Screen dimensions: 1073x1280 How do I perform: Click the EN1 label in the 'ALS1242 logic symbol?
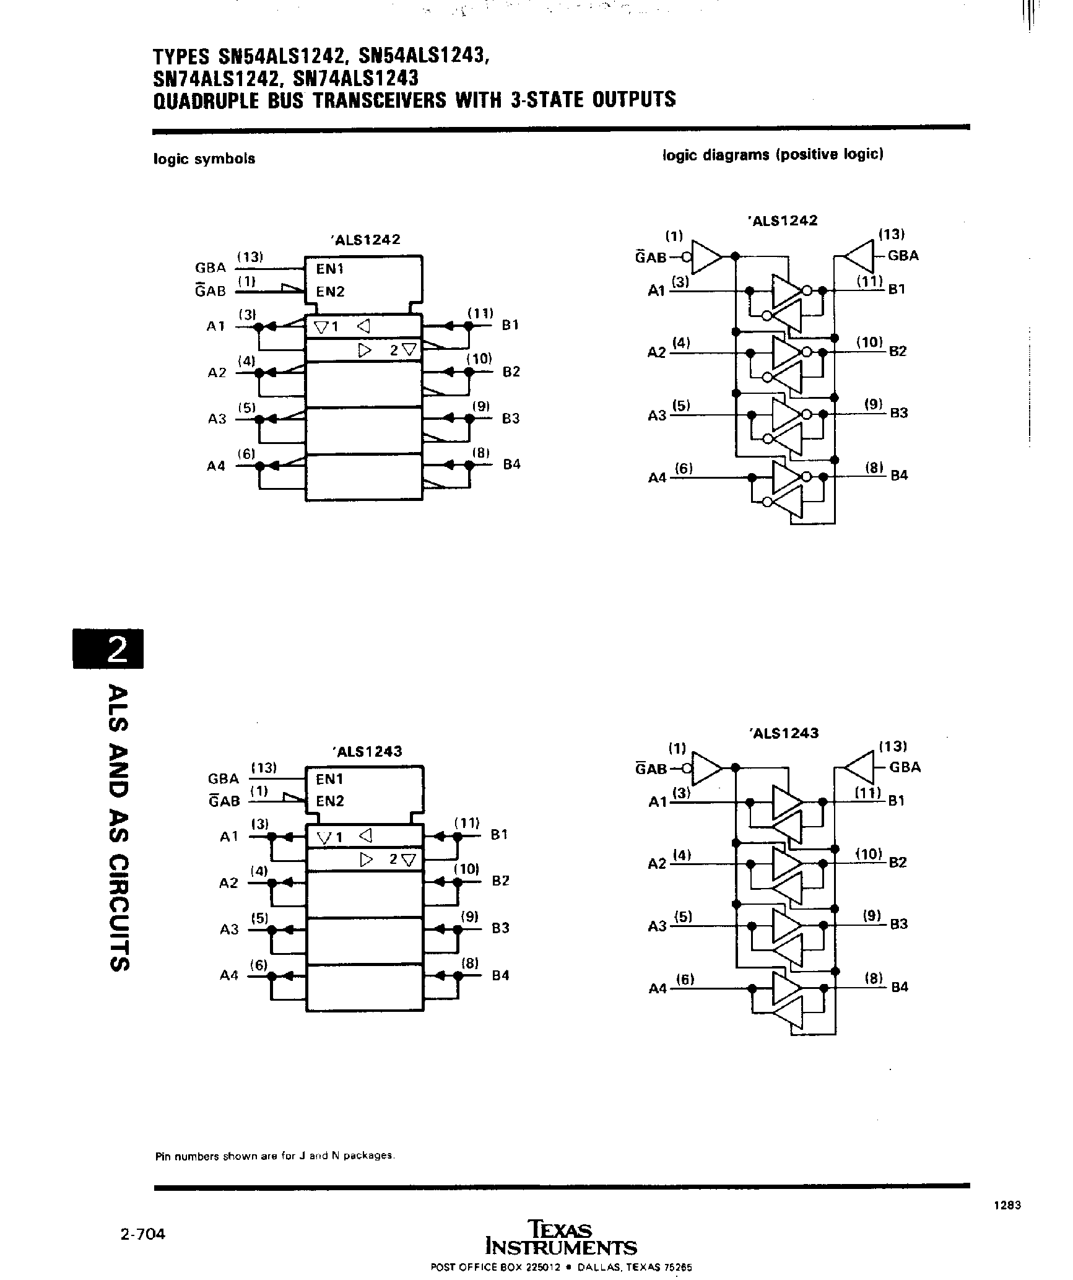tap(329, 269)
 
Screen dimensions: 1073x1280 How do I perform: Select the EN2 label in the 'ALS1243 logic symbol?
tap(329, 801)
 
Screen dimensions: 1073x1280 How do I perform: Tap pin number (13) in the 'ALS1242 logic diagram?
tap(892, 234)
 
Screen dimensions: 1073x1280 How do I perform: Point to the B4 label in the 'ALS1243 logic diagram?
tap(899, 987)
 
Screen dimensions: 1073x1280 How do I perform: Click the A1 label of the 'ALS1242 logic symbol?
tap(215, 326)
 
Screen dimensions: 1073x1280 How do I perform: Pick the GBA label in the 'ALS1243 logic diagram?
tap(905, 767)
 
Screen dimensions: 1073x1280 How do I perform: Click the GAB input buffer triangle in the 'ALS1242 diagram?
tap(706, 256)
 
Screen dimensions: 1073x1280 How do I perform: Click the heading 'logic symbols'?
tap(204, 159)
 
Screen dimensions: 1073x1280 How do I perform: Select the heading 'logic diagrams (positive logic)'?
tap(773, 154)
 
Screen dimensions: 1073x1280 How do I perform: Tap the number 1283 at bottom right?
tap(1007, 1205)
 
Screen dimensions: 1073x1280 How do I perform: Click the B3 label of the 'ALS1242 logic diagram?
tap(898, 413)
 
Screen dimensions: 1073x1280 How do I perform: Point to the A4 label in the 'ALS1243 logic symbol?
tap(229, 975)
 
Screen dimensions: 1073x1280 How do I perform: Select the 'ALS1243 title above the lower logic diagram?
tap(783, 733)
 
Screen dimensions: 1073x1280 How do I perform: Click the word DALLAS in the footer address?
tap(597, 1266)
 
